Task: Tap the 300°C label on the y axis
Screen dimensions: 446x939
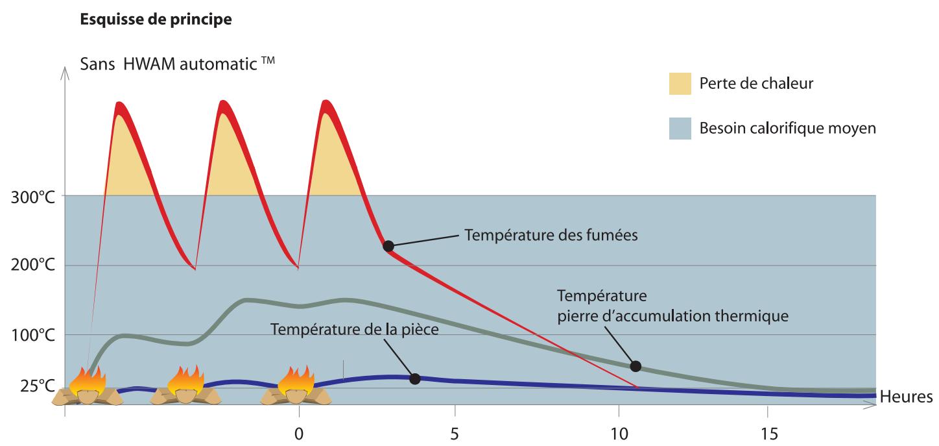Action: point(32,197)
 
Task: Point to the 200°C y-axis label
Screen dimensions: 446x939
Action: point(32,266)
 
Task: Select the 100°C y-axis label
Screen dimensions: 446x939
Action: point(32,336)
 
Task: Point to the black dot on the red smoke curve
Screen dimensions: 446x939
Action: point(388,246)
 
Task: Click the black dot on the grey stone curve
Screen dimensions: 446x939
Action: point(636,366)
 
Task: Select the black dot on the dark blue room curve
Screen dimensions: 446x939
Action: point(415,378)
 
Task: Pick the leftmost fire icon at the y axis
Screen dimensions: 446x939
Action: point(86,386)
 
